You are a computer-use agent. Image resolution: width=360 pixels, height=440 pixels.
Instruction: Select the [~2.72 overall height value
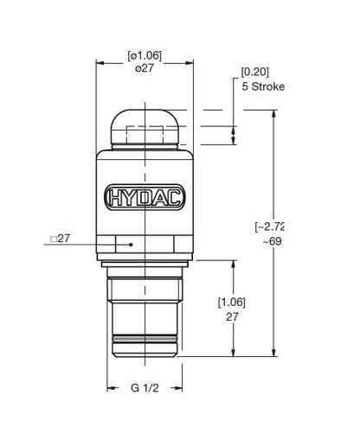tap(268, 226)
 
